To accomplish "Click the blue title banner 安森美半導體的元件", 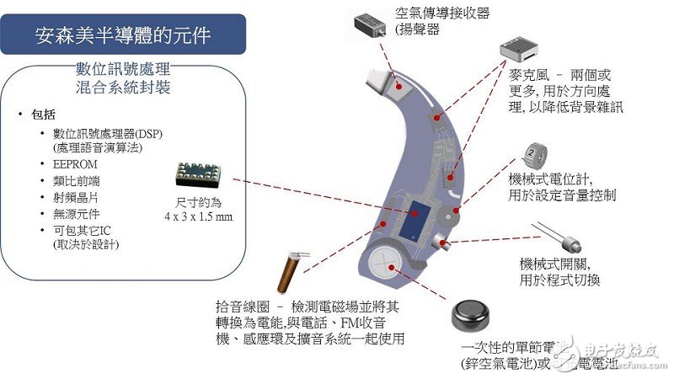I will (x=123, y=35).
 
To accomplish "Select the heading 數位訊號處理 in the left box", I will (x=124, y=70).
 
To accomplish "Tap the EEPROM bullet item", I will (x=76, y=163).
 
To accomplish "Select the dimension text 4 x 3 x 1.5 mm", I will (x=199, y=217).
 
